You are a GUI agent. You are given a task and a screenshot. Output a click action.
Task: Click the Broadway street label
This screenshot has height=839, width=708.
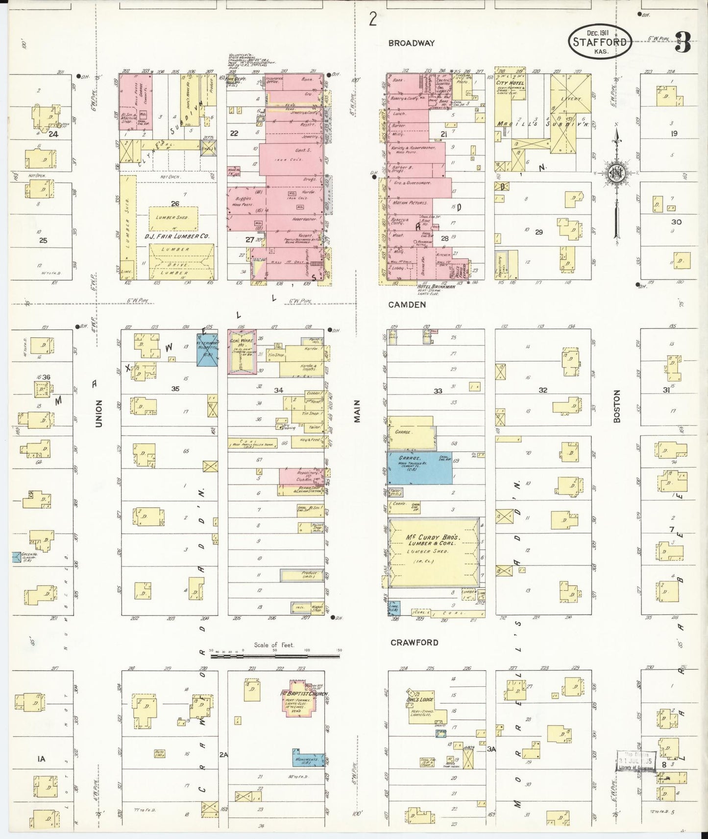point(411,43)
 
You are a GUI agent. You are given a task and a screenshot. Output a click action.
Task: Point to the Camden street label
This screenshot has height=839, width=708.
point(407,304)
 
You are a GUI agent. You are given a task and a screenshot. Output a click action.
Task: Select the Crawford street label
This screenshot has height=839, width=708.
point(414,642)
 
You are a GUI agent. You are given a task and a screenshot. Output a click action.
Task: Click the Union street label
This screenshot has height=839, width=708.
point(98,414)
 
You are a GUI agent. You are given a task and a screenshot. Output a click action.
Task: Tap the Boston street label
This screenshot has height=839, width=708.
point(617,406)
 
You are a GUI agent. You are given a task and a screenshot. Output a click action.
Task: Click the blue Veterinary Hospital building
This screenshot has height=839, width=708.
point(207,350)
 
